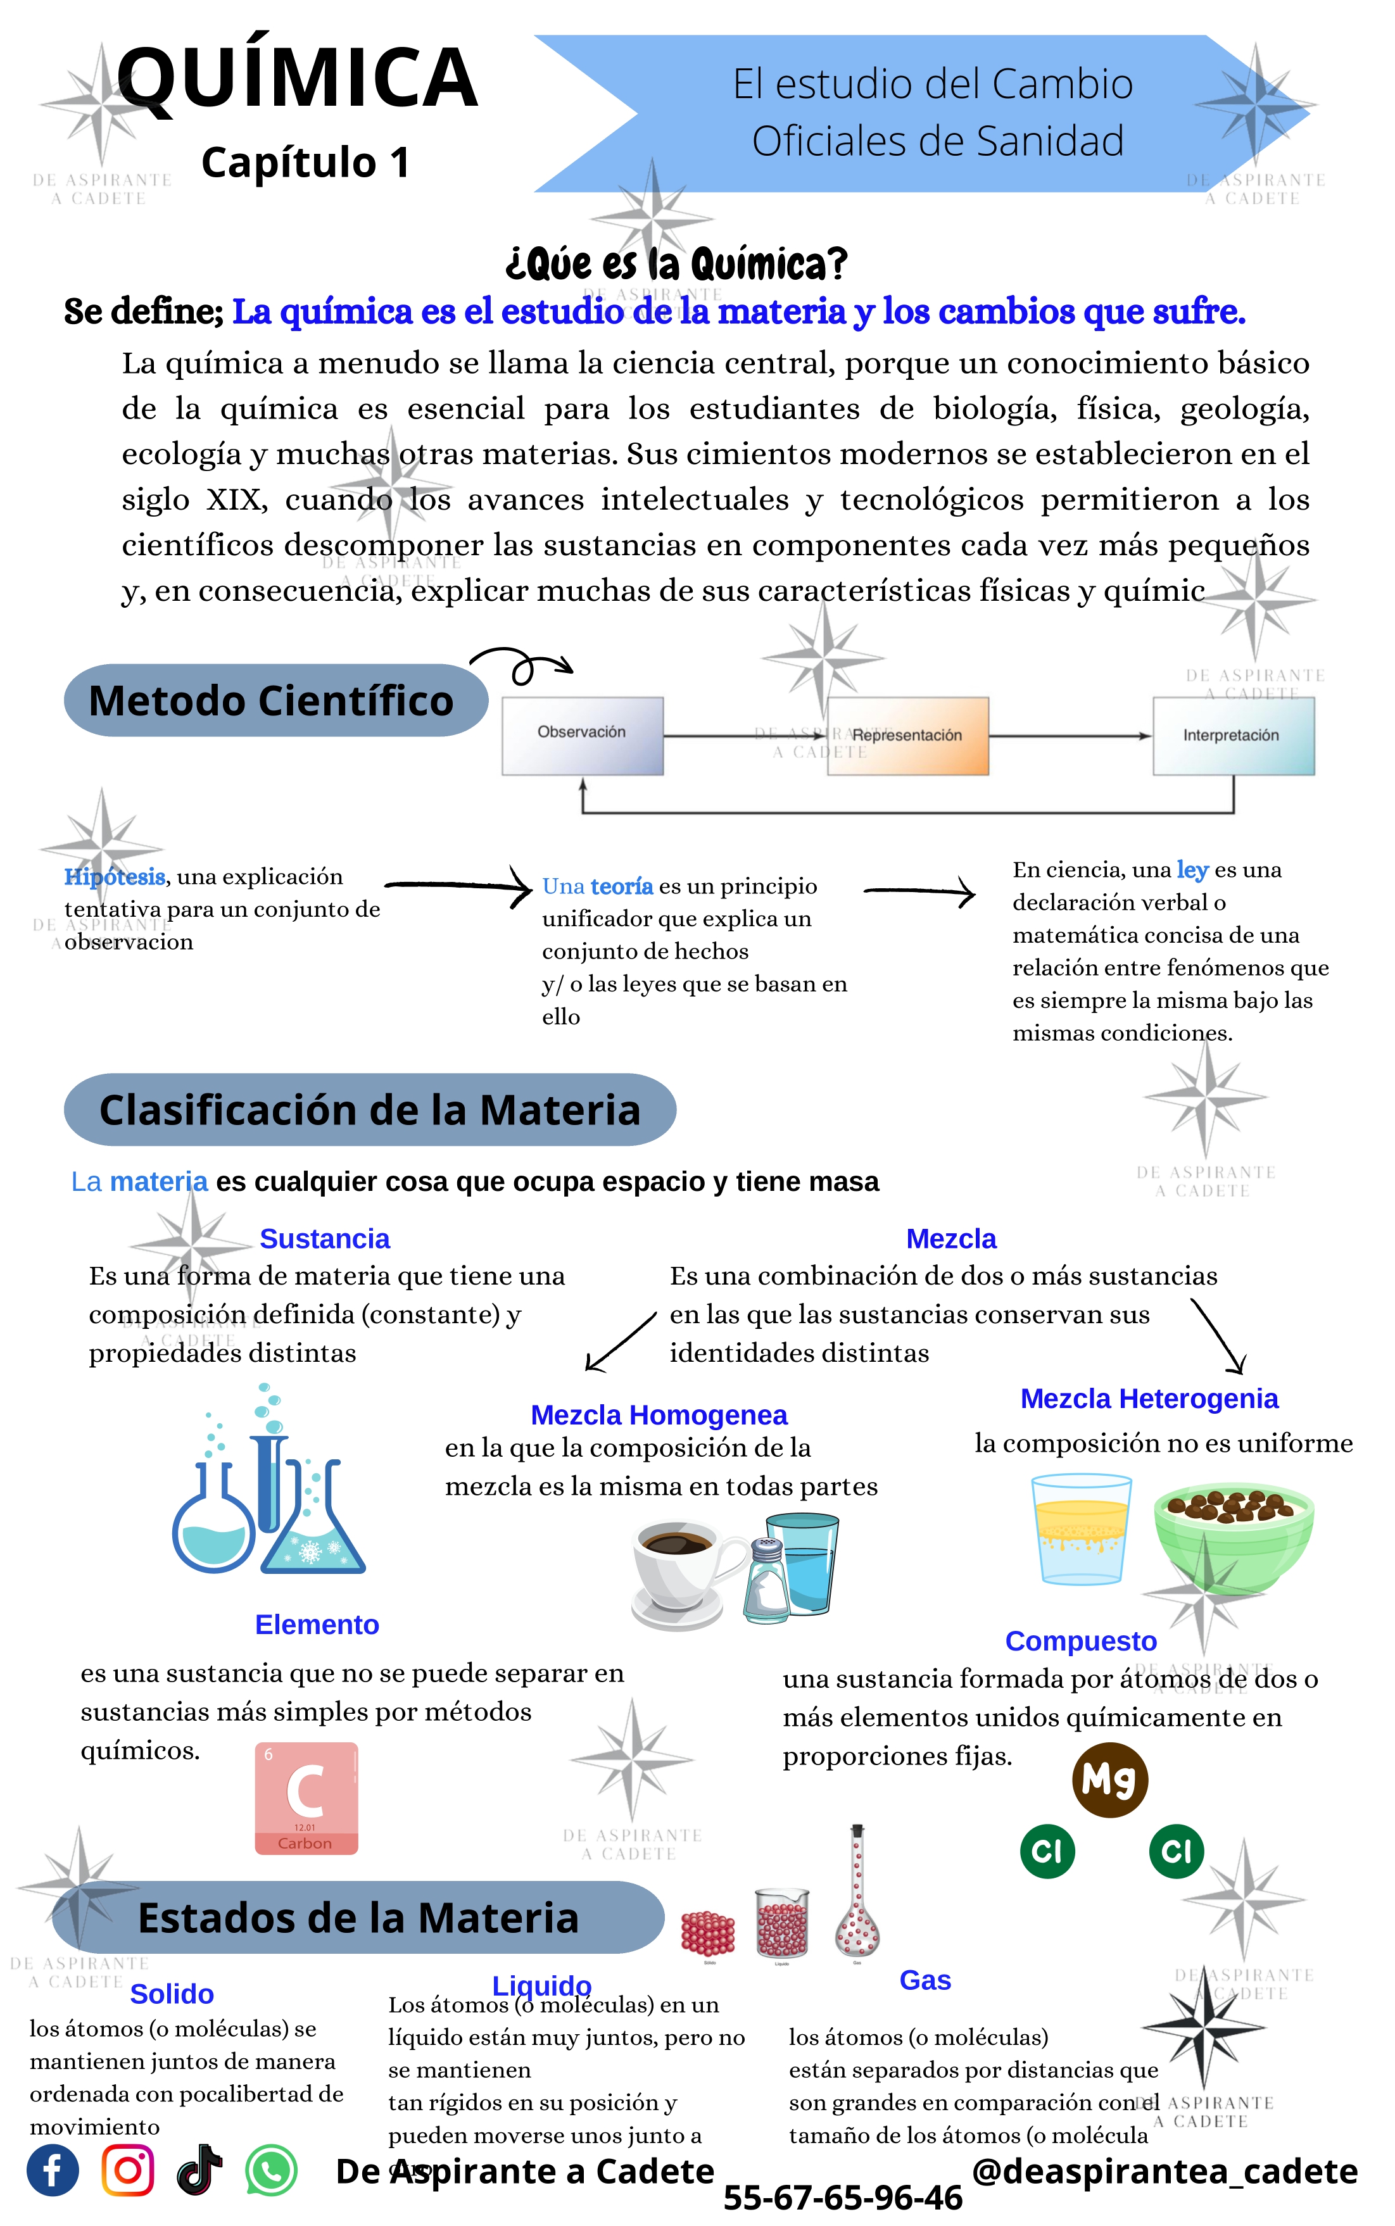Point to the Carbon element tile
click(306, 1798)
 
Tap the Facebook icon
click(53, 2171)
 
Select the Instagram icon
click(127, 2171)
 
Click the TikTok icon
click(199, 2171)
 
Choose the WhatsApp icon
click(271, 2171)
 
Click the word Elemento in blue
click(317, 1625)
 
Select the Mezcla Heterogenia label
click(1149, 1399)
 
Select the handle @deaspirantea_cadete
click(1165, 2172)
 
